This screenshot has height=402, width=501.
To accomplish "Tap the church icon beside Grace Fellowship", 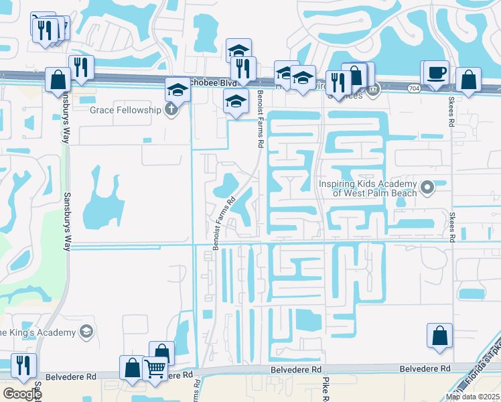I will click(x=173, y=109).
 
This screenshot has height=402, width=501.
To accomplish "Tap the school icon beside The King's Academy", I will click(x=85, y=331).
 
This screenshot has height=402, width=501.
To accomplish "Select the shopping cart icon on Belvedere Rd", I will click(x=155, y=366).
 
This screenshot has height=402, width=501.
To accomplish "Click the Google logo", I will click(x=22, y=393).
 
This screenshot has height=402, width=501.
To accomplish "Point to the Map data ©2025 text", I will click(x=473, y=397).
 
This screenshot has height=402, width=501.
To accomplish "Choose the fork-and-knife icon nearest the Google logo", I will click(x=23, y=365).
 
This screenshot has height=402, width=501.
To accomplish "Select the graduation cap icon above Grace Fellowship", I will click(x=177, y=88).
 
